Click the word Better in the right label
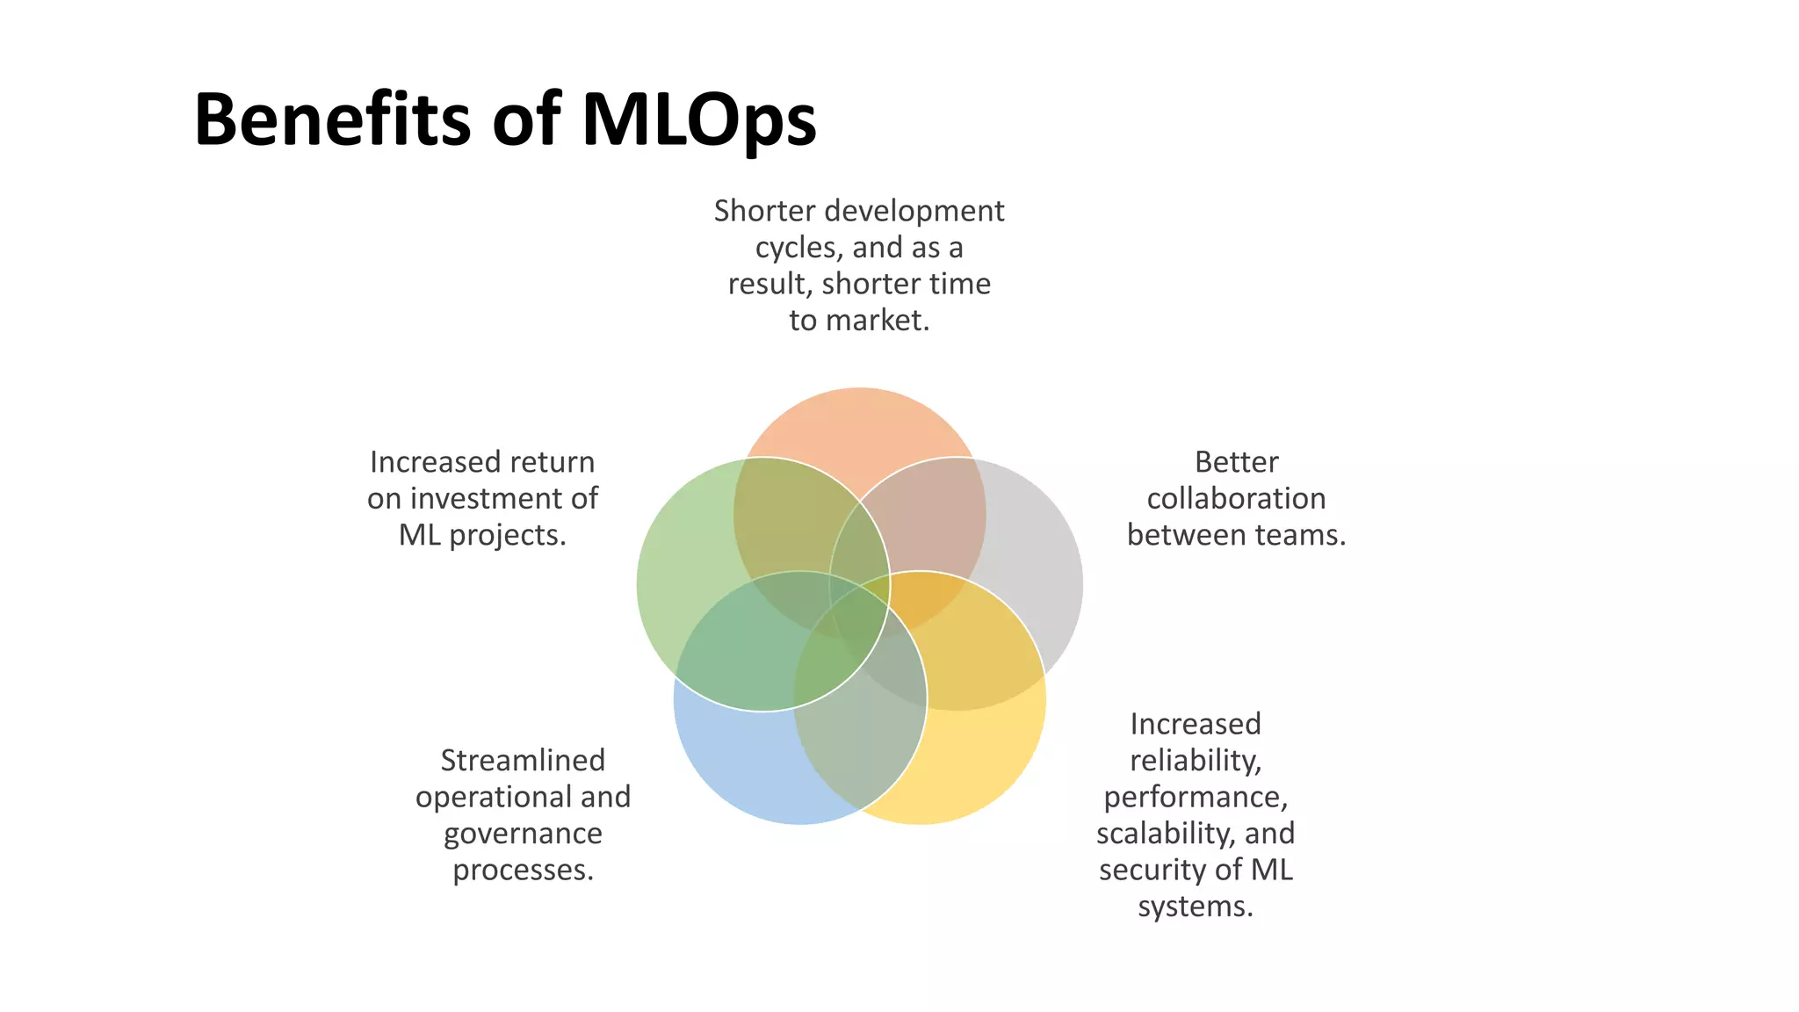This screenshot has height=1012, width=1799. point(1236,462)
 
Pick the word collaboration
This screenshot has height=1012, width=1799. point(1236,499)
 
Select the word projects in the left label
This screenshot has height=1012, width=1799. point(507,535)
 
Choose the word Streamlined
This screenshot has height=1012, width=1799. point(523,761)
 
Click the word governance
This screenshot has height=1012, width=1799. point(523,834)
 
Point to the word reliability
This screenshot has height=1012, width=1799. point(1195,761)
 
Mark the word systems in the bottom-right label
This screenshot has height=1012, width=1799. point(1195,907)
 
